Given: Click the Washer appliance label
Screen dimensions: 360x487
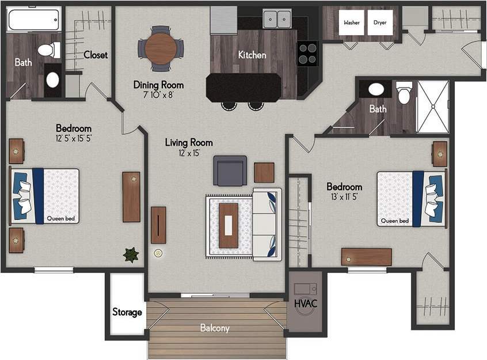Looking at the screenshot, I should pyautogui.click(x=352, y=23).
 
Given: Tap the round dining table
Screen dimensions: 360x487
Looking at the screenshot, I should pyautogui.click(x=161, y=48).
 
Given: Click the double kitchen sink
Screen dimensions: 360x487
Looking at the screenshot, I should pyautogui.click(x=277, y=20).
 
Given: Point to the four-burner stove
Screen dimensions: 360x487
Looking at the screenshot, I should pyautogui.click(x=307, y=54).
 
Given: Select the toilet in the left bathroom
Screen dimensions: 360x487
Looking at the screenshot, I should pyautogui.click(x=50, y=50).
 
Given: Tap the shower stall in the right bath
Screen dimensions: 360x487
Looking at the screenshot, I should pyautogui.click(x=432, y=107).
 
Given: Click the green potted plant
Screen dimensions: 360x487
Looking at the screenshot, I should pyautogui.click(x=131, y=255).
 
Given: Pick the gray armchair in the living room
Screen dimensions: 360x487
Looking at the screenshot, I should pyautogui.click(x=230, y=170).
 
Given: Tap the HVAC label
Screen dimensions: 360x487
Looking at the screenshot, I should pyautogui.click(x=306, y=304).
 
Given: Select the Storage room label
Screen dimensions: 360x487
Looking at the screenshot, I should pyautogui.click(x=127, y=312).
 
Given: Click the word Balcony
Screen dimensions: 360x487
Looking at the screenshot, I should pyautogui.click(x=215, y=328).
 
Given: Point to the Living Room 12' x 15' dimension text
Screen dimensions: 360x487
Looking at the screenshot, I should pyautogui.click(x=189, y=153).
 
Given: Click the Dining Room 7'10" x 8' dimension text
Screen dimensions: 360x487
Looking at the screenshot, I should pyautogui.click(x=158, y=95).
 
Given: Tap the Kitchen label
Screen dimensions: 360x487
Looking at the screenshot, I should pyautogui.click(x=252, y=55).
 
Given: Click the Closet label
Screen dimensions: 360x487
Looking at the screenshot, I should pyautogui.click(x=96, y=55).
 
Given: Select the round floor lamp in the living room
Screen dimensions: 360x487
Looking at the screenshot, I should pyautogui.click(x=158, y=253).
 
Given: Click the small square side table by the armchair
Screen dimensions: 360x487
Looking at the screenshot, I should pyautogui.click(x=264, y=172).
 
